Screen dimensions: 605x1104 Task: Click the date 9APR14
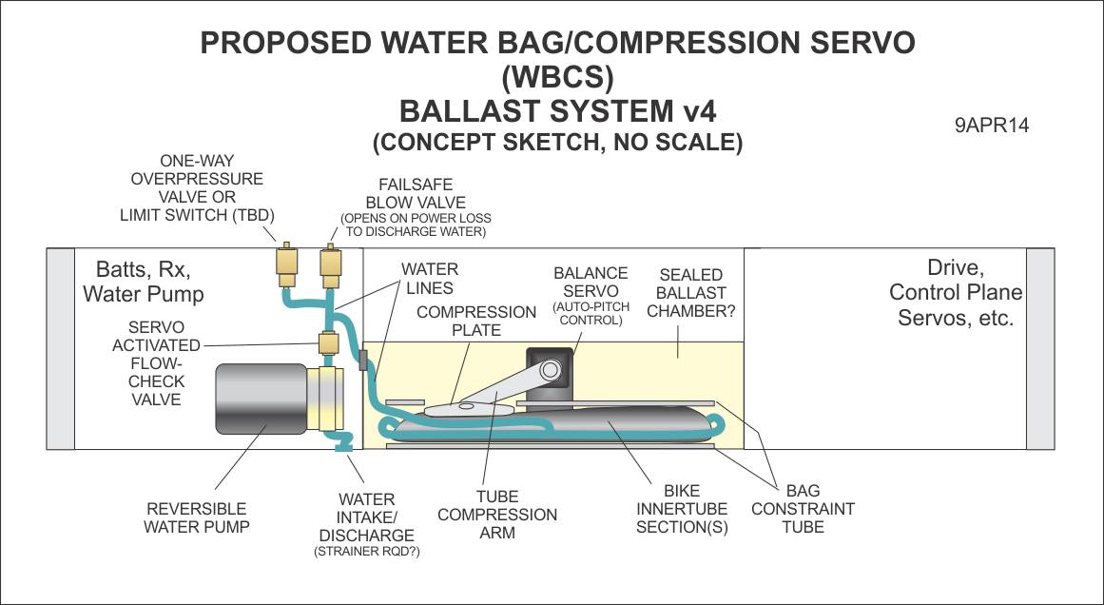point(993,126)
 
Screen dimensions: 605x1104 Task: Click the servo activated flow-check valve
point(330,343)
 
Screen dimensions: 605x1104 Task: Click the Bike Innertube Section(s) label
point(681,508)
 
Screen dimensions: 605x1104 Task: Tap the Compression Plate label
point(476,321)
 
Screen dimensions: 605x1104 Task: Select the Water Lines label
point(429,279)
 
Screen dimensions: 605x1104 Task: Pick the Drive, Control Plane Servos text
point(956,292)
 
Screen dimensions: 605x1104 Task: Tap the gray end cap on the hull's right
point(1040,349)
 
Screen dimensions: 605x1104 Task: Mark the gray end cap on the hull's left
point(61,349)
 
